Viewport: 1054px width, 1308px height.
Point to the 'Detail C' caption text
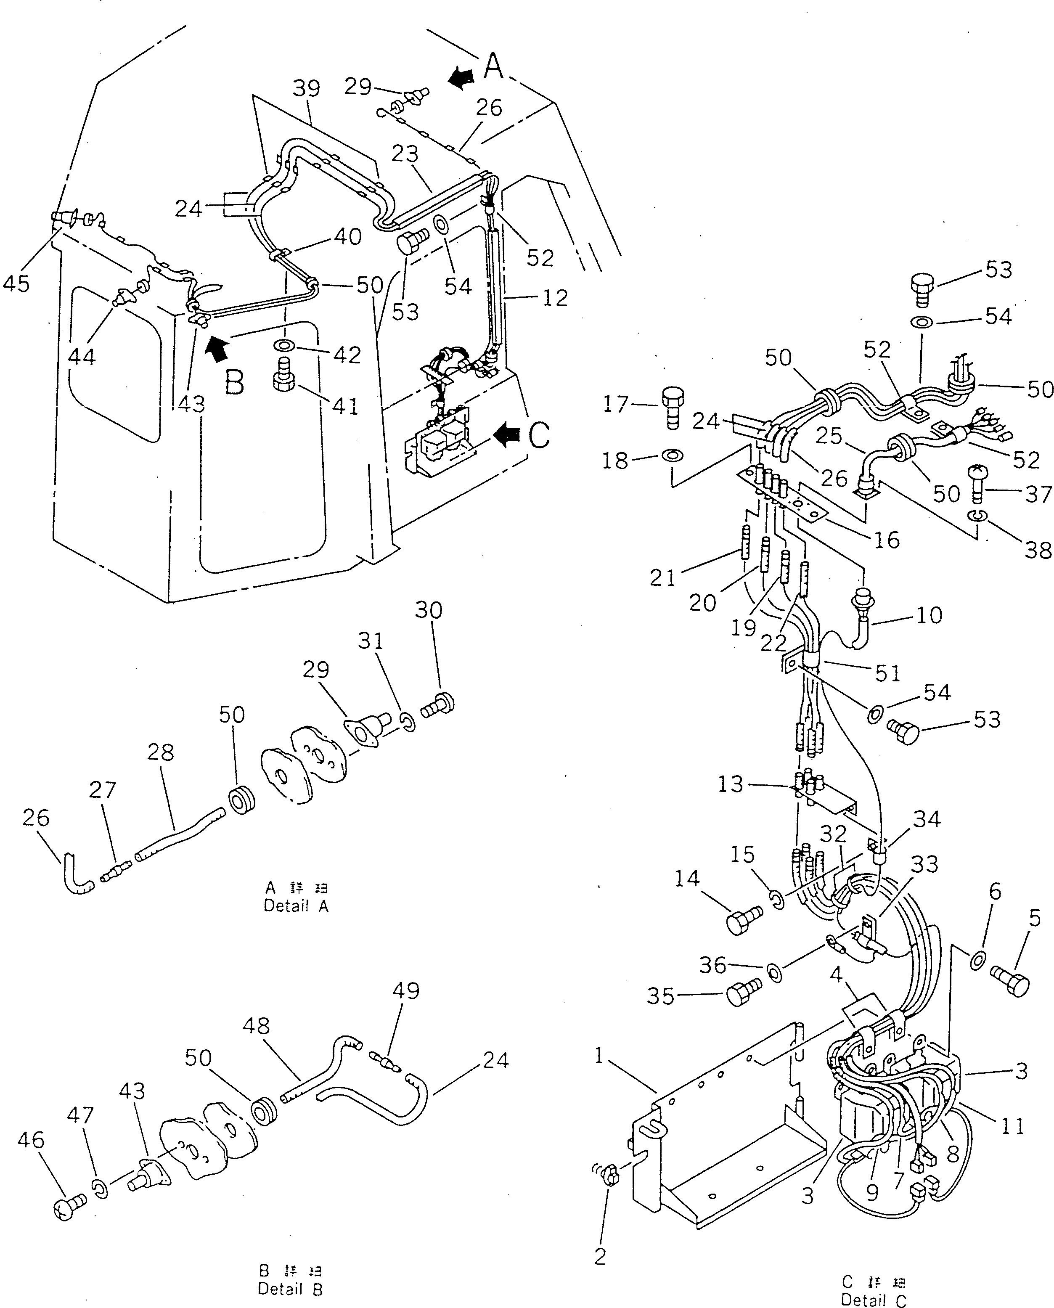point(874,1300)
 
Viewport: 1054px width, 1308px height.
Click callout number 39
point(306,89)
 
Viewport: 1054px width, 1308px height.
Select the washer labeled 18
point(673,455)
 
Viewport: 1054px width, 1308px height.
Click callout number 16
point(886,540)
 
